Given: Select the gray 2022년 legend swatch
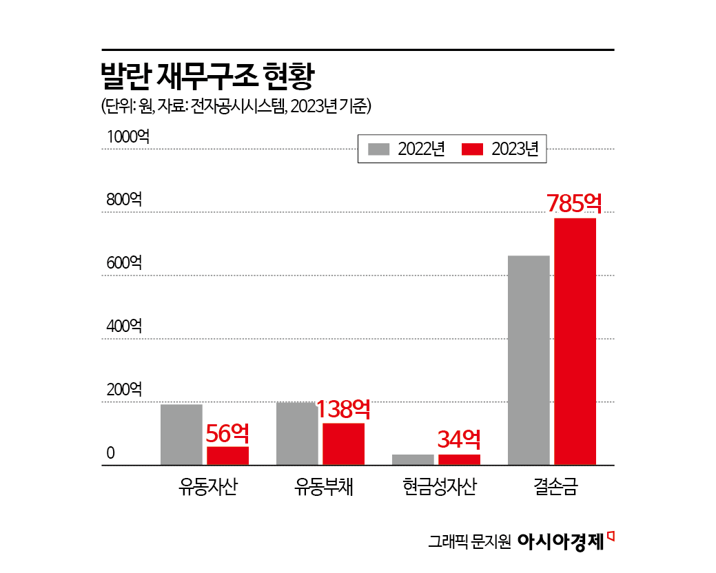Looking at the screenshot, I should pyautogui.click(x=380, y=149).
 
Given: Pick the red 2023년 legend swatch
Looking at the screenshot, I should pyautogui.click(x=473, y=149).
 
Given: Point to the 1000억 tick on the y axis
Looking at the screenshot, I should pyautogui.click(x=128, y=137).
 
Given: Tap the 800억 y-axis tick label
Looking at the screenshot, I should pyautogui.click(x=124, y=200).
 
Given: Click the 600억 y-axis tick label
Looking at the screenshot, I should pyautogui.click(x=124, y=263).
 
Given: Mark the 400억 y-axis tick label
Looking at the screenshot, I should pyautogui.click(x=124, y=326).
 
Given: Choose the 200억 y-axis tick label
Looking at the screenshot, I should pyautogui.click(x=124, y=390).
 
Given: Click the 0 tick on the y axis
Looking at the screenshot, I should pyautogui.click(x=110, y=453).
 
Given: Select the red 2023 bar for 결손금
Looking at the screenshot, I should pyautogui.click(x=575, y=342).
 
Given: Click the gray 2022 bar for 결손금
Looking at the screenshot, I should pyautogui.click(x=529, y=360).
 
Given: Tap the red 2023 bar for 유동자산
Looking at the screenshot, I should pyautogui.click(x=227, y=456).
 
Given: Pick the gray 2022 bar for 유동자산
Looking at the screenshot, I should pyautogui.click(x=181, y=435).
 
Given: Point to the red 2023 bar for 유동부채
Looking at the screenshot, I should pyautogui.click(x=343, y=444).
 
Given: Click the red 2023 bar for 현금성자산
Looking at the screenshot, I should pyautogui.click(x=459, y=459).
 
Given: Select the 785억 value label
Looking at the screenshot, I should pyautogui.click(x=574, y=203).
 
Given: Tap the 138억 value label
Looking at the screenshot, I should pyautogui.click(x=343, y=410).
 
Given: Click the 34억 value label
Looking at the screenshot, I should pyautogui.click(x=459, y=439).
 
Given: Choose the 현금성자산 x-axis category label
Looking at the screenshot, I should pyautogui.click(x=440, y=488).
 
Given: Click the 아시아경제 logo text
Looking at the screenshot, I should pyautogui.click(x=560, y=541).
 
